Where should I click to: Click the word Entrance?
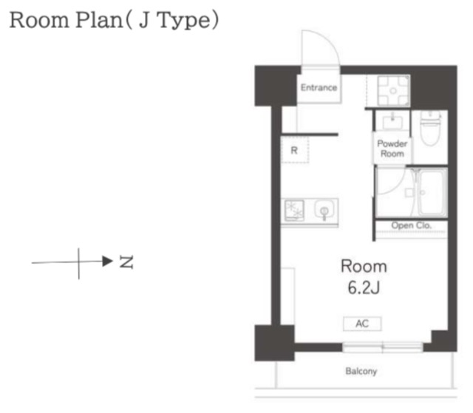[319, 87]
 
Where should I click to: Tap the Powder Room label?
[392, 149]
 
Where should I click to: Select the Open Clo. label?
[411, 225]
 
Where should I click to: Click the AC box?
[362, 324]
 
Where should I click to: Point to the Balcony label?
[361, 371]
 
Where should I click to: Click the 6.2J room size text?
[364, 287]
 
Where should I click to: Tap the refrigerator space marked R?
[295, 150]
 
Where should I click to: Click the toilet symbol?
[430, 128]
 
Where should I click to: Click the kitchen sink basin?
[324, 210]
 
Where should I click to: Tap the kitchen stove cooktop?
[294, 210]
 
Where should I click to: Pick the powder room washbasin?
[392, 122]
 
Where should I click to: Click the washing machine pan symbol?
[393, 90]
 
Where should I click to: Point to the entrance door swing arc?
[330, 41]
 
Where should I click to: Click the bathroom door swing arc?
[398, 187]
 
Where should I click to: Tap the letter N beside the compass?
[126, 262]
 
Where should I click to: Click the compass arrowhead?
[107, 261]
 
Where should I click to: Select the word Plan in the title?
[99, 20]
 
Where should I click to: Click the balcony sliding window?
[382, 347]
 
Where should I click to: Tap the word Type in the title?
[183, 21]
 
